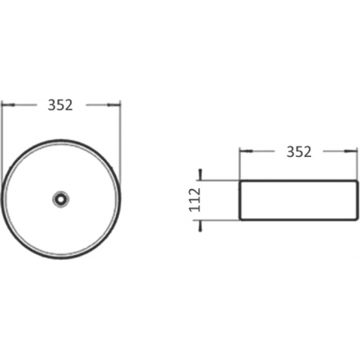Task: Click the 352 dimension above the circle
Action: pos(60,105)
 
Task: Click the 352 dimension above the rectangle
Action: pos(299,152)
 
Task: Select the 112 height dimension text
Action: pos(194,200)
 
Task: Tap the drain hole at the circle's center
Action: pos(61,199)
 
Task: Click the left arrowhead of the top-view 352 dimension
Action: pos(9,105)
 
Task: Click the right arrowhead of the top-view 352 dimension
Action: pos(114,105)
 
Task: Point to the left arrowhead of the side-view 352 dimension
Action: pos(246,151)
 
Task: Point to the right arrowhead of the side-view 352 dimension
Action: pos(351,151)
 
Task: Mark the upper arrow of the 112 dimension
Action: pos(200,175)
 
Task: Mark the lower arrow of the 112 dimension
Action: pos(200,226)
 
